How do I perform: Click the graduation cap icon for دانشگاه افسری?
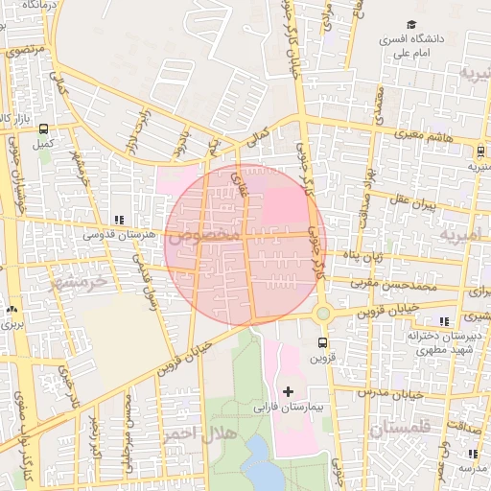point(411,25)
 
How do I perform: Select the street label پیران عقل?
point(411,203)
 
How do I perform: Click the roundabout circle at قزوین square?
point(322,313)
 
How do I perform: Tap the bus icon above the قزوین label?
point(321,341)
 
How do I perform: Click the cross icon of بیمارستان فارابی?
point(288,391)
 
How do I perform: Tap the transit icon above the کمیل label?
point(43,129)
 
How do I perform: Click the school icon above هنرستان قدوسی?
point(119,220)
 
